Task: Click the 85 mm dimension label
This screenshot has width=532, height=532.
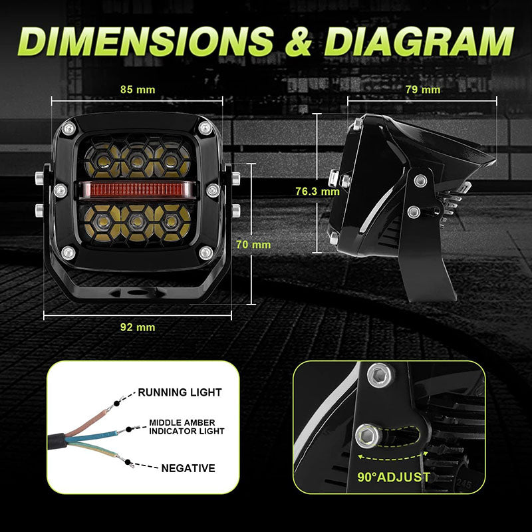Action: click(138, 90)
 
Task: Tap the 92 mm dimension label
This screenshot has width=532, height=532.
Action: click(138, 327)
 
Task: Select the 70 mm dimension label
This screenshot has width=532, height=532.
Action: click(253, 245)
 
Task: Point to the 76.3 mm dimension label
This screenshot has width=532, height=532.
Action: click(317, 192)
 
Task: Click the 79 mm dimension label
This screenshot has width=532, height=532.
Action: click(423, 90)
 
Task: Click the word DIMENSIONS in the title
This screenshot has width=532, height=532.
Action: click(146, 41)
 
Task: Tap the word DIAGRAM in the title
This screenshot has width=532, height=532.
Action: click(420, 41)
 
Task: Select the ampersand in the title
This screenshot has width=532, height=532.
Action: click(299, 41)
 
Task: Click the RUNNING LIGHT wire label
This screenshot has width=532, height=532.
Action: click(180, 392)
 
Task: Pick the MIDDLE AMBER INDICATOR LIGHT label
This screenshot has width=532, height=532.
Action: click(187, 427)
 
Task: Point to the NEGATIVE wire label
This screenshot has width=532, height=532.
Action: click(188, 468)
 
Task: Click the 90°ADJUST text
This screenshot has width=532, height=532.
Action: click(394, 477)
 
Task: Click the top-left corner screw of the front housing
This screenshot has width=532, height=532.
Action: click(69, 128)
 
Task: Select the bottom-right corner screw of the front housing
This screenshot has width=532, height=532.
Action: click(205, 253)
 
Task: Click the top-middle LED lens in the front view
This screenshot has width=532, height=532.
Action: click(137, 160)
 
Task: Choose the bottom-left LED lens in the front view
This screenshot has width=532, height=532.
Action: click(101, 222)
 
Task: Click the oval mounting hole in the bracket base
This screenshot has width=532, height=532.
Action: click(138, 293)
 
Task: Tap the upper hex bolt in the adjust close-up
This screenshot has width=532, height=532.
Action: click(380, 375)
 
